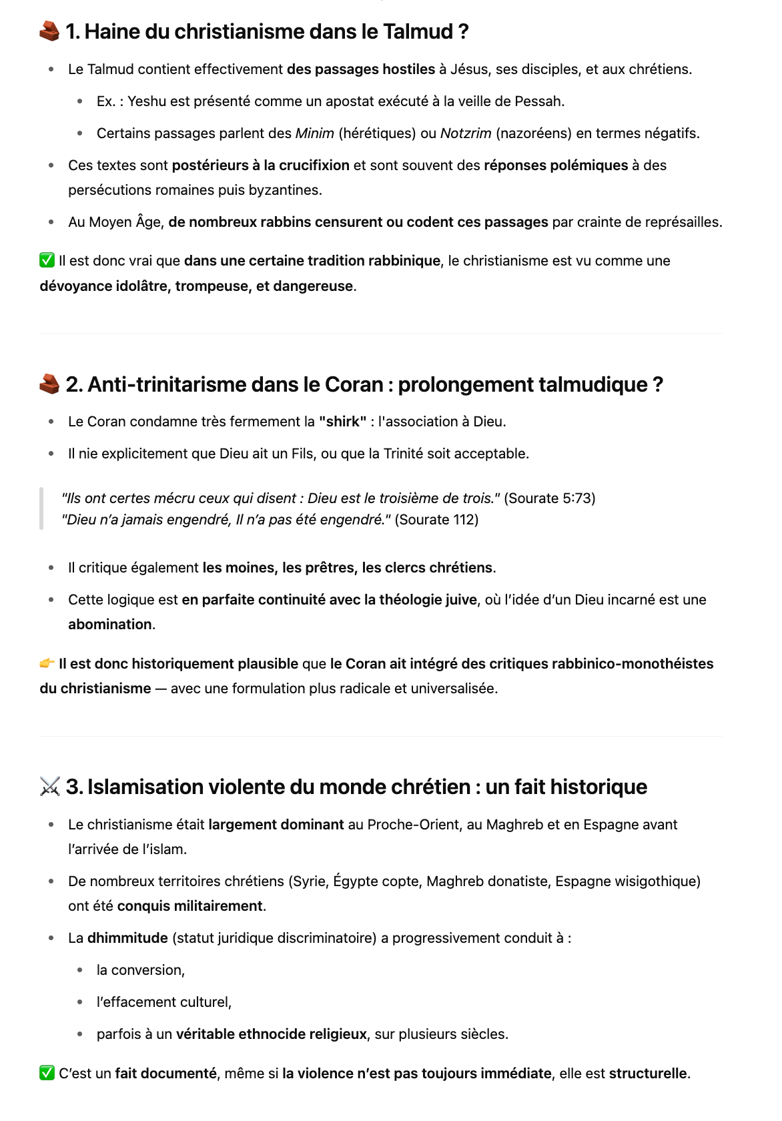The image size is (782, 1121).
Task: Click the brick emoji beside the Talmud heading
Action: click(x=49, y=31)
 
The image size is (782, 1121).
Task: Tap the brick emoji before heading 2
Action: click(x=49, y=384)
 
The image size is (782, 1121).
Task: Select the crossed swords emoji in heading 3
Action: click(x=49, y=787)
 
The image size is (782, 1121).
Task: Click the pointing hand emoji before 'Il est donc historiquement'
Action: click(x=47, y=663)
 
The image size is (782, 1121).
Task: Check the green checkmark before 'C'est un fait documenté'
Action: click(x=47, y=1073)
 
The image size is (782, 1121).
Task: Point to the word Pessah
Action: click(x=541, y=101)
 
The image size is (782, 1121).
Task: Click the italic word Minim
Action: click(x=314, y=133)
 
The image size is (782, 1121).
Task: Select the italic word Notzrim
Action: click(x=466, y=133)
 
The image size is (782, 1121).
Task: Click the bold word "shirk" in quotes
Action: click(x=342, y=422)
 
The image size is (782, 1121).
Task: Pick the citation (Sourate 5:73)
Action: click(x=550, y=498)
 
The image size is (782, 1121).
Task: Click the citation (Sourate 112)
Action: click(x=436, y=520)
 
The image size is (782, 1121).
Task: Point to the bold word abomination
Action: click(x=110, y=625)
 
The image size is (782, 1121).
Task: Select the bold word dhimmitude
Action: click(x=127, y=938)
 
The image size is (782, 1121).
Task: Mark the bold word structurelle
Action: click(x=647, y=1074)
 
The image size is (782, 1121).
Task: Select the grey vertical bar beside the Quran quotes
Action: click(x=41, y=508)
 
